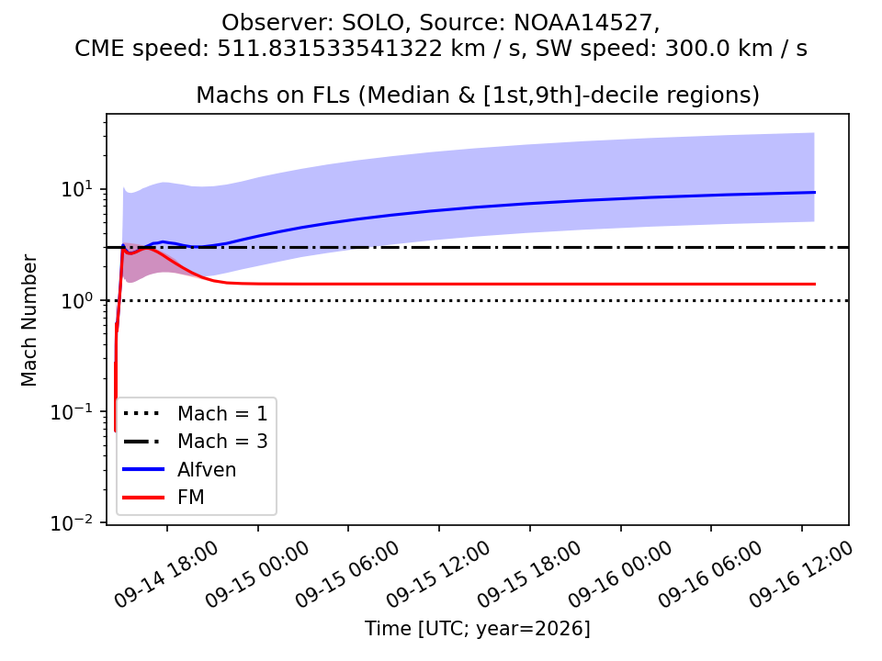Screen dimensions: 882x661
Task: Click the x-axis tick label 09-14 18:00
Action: click(x=166, y=575)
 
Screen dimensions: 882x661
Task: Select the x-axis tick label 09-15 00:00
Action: click(x=257, y=575)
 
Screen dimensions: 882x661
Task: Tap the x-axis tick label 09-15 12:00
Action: click(x=439, y=575)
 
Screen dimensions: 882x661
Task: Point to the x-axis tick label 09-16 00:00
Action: click(x=620, y=575)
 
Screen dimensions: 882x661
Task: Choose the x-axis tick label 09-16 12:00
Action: click(x=801, y=575)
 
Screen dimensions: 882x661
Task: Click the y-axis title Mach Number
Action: click(x=28, y=320)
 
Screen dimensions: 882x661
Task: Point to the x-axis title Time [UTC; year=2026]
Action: click(x=478, y=628)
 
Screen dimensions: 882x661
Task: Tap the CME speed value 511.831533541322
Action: click(x=330, y=49)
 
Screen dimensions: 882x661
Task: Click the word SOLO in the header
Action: click(x=373, y=23)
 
